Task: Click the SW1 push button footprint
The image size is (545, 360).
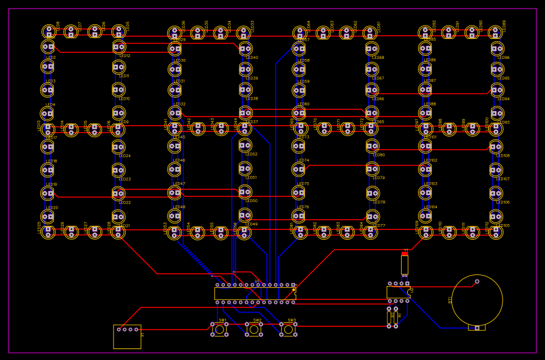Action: (x=219, y=330)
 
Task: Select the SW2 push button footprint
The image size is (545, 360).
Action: (x=254, y=330)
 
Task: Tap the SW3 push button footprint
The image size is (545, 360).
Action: (x=289, y=330)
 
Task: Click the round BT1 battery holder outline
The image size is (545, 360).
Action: (x=477, y=300)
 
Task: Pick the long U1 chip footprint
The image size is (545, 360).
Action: (x=255, y=293)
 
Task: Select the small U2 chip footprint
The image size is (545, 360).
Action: (x=399, y=292)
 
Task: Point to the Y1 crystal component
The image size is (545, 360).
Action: (x=405, y=264)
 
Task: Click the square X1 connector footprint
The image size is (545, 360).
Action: (x=127, y=336)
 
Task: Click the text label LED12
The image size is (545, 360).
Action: (x=125, y=56)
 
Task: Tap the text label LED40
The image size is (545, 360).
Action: (x=252, y=58)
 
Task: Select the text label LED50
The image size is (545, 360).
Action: (x=252, y=201)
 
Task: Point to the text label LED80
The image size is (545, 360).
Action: (x=379, y=155)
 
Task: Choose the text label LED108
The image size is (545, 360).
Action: (x=503, y=156)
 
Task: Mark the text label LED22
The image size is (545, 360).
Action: (x=125, y=203)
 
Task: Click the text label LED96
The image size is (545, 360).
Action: (x=504, y=58)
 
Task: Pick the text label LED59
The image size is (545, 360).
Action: (x=303, y=81)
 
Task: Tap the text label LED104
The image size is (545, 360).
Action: (x=431, y=207)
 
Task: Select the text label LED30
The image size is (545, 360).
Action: (x=179, y=61)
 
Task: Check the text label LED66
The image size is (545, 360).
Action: (x=378, y=99)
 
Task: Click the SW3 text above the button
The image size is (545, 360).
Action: (x=292, y=321)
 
